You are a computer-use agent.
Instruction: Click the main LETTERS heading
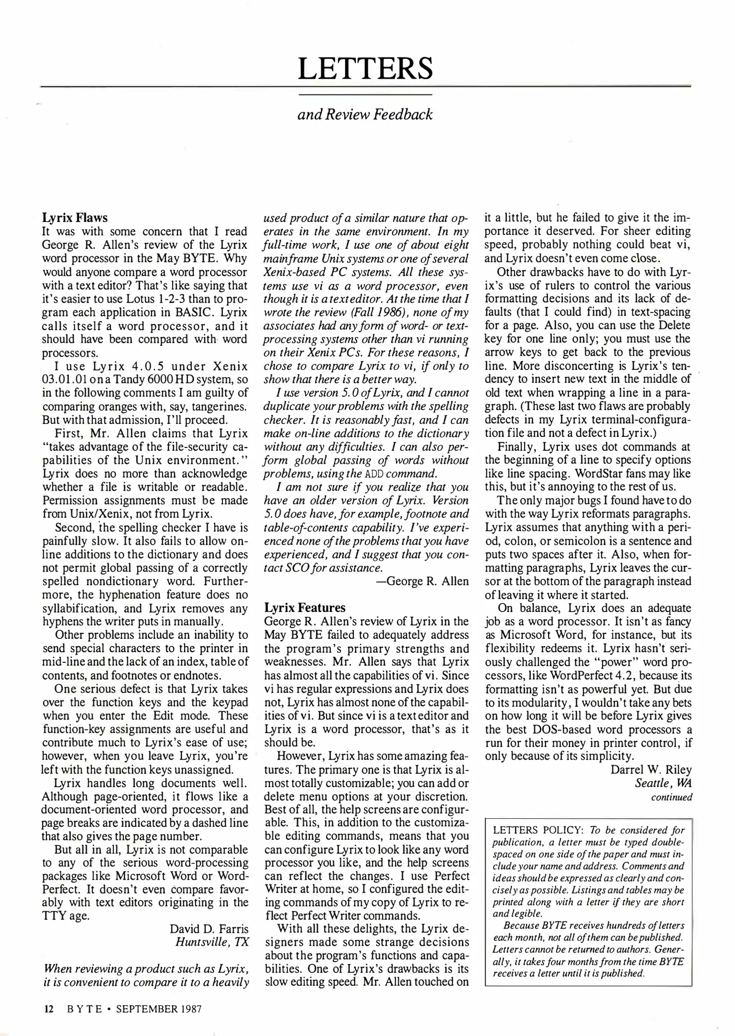point(365,68)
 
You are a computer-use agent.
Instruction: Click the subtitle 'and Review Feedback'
point(365,115)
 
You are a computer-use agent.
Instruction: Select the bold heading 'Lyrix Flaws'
point(75,218)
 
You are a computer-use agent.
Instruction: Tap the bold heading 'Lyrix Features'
point(305,608)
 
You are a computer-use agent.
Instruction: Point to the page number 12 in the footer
point(48,1009)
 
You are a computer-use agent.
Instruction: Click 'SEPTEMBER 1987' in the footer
point(159,1009)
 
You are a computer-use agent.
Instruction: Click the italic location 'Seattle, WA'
point(663,783)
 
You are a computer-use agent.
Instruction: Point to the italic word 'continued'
point(671,797)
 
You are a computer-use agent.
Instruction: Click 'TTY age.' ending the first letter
point(66,915)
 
